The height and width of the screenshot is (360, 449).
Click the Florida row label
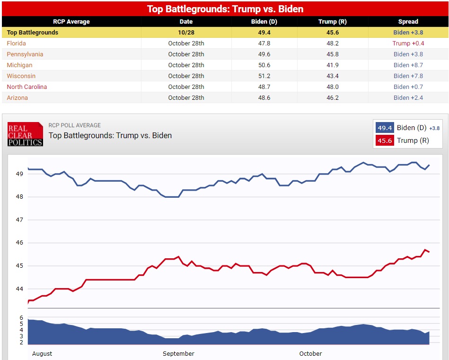[16, 43]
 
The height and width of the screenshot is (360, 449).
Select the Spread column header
[408, 21]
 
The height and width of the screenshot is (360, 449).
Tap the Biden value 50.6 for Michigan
[264, 65]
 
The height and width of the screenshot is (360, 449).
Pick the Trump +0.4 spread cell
[408, 43]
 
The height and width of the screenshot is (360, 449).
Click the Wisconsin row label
[21, 76]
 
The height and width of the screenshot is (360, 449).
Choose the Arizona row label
[17, 97]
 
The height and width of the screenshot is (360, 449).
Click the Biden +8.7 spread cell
[408, 65]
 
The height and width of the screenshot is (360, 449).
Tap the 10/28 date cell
[186, 32]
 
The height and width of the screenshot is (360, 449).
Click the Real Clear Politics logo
[25, 134]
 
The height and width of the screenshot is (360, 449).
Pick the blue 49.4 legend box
[384, 128]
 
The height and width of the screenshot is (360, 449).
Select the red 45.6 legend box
[384, 140]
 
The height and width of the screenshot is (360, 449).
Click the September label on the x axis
[178, 353]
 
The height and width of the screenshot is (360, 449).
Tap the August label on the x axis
[42, 353]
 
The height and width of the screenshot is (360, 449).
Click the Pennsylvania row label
[25, 54]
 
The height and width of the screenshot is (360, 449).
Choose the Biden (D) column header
[264, 21]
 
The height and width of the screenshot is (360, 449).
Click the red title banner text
[225, 9]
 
